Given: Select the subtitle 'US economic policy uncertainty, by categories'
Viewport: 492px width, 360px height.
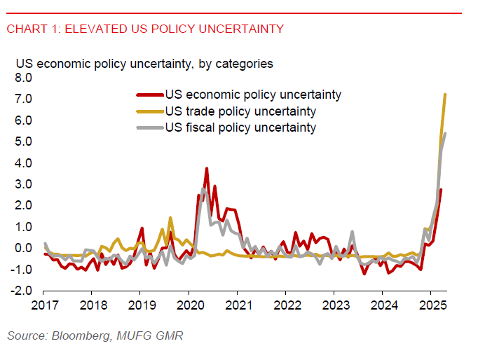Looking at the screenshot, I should pyautogui.click(x=144, y=64).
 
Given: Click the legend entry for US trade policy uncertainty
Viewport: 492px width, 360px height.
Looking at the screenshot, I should pyautogui.click(x=240, y=111).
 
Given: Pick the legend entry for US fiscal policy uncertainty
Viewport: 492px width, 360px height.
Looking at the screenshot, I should pyautogui.click(x=240, y=127).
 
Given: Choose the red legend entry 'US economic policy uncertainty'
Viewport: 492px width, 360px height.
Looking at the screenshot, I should pyautogui.click(x=253, y=95).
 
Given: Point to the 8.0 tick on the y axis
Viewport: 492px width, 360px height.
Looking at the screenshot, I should pyautogui.click(x=23, y=78).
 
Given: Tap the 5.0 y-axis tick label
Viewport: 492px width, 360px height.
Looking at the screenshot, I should pyautogui.click(x=23, y=141).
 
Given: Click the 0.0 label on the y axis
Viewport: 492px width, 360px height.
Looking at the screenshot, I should pyautogui.click(x=23, y=248).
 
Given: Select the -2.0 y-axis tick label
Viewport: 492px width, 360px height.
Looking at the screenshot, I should pyautogui.click(x=22, y=291).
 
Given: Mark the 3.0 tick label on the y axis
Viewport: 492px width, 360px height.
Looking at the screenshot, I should pyautogui.click(x=23, y=184).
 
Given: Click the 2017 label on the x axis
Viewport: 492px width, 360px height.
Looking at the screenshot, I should pyautogui.click(x=43, y=305).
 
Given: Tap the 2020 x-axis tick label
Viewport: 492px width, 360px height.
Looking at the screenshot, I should pyautogui.click(x=189, y=305).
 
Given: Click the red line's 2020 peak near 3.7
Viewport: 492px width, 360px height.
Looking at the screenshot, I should pyautogui.click(x=207, y=168).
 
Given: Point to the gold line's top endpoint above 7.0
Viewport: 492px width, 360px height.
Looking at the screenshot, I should pyautogui.click(x=446, y=94).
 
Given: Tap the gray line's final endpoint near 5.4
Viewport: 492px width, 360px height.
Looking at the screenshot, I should pyautogui.click(x=446, y=133).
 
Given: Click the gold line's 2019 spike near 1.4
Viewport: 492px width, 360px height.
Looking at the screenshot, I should pyautogui.click(x=170, y=218).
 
